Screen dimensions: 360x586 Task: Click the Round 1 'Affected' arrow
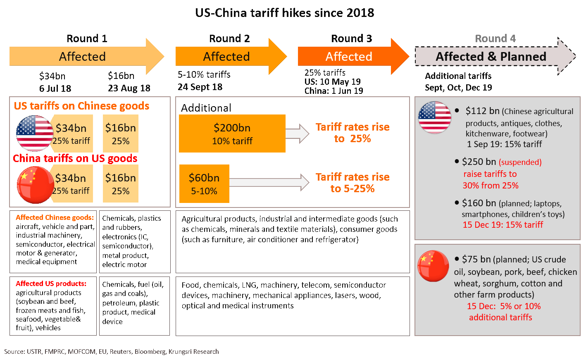coord(83,57)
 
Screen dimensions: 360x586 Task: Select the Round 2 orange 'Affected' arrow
coord(226,57)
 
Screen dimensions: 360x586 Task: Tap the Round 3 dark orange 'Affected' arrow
coord(349,57)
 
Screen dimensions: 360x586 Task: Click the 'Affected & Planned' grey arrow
coord(491,57)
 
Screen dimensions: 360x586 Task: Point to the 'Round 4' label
coord(495,38)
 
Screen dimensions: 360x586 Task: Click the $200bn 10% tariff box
coord(232,134)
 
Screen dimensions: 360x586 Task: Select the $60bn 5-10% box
coord(204,184)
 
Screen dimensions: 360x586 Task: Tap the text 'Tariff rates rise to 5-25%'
coord(353,183)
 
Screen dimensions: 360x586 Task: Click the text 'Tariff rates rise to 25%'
coord(353,133)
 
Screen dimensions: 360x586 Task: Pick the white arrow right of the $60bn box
coord(269,182)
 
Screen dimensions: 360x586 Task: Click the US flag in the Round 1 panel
coord(34,133)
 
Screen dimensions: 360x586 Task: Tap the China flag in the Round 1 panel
coord(35,185)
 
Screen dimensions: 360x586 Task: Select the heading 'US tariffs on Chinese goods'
coord(81,106)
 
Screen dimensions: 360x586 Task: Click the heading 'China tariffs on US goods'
coord(75,158)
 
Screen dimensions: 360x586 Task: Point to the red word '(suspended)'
coord(520,162)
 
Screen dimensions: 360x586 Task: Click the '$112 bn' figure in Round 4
coord(482,111)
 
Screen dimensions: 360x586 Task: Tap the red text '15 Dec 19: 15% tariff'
coord(503,225)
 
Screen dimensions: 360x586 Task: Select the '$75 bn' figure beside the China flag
coord(476,259)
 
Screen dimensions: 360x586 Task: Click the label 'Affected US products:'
coord(51,284)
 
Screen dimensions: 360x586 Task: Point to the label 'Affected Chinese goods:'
coord(55,217)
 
